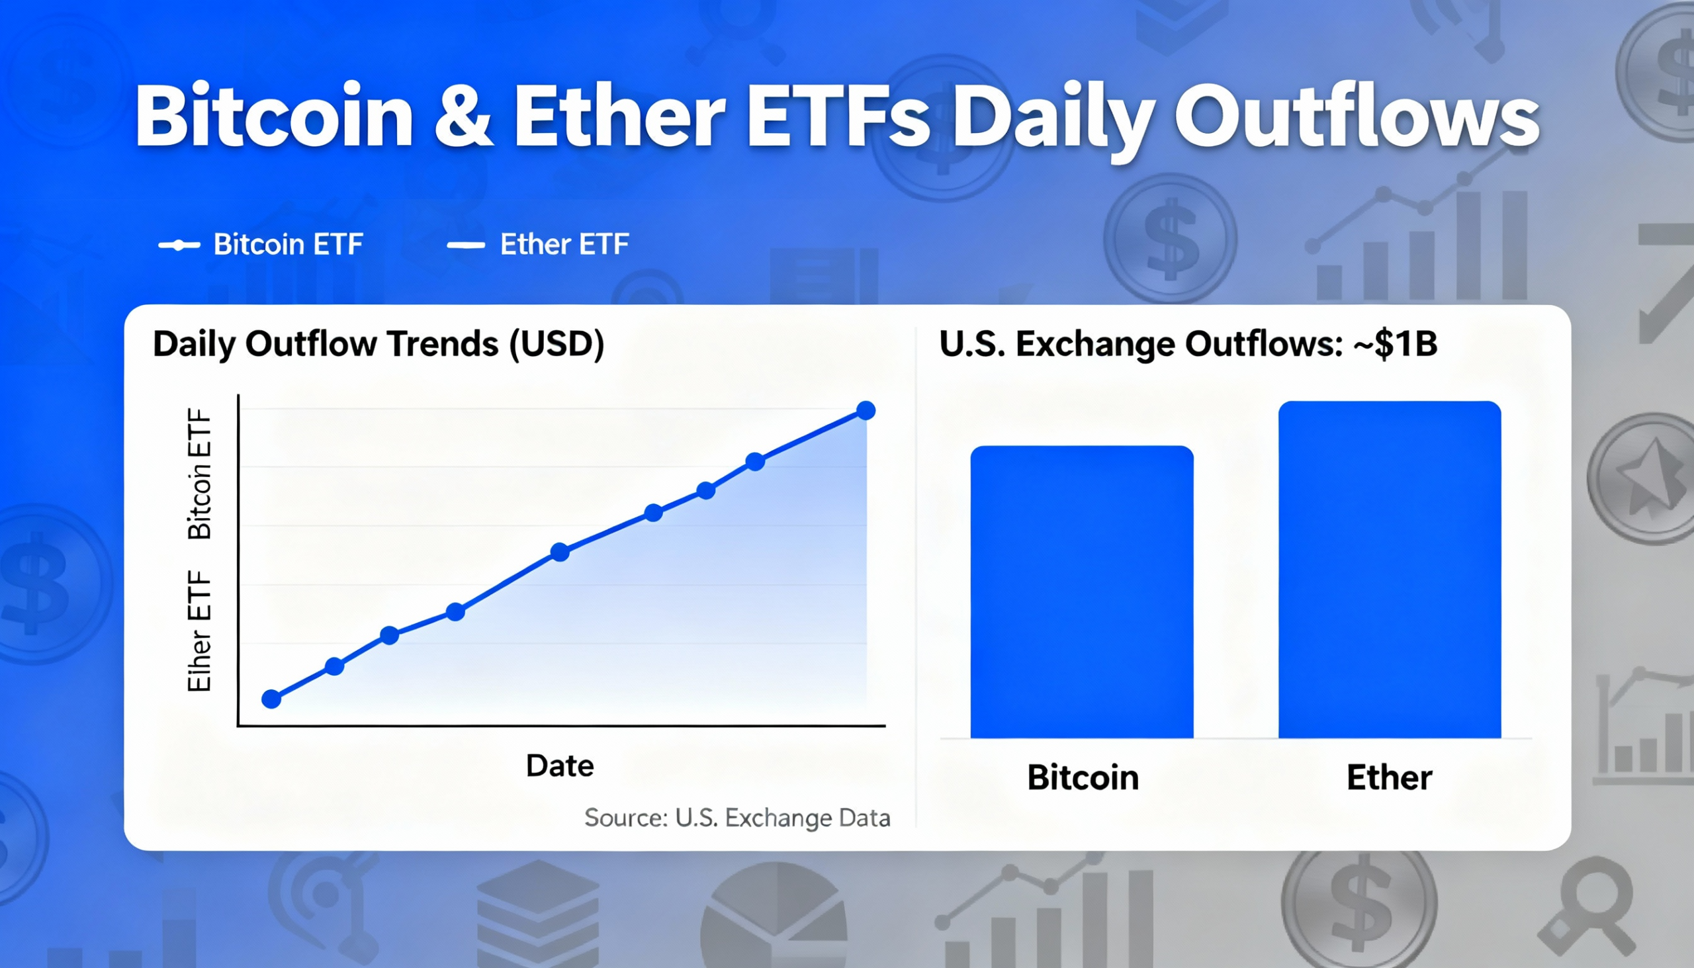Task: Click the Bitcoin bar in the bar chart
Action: click(x=1082, y=592)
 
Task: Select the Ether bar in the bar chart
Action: click(x=1390, y=570)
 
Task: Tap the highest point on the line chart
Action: click(x=866, y=410)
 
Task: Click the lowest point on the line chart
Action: click(x=271, y=699)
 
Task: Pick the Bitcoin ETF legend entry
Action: click(x=261, y=245)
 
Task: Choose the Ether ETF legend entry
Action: click(x=539, y=245)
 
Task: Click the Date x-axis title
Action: click(x=559, y=766)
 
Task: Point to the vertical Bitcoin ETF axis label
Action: click(x=199, y=473)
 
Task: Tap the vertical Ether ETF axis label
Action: click(x=199, y=631)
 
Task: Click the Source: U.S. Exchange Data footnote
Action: click(x=736, y=817)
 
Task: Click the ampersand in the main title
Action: click(x=463, y=117)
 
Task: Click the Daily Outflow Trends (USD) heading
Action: click(x=379, y=343)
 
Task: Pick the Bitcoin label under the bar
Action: click(x=1083, y=777)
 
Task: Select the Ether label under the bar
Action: click(x=1389, y=777)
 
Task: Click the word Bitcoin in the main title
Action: click(x=274, y=117)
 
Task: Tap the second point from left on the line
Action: click(x=334, y=666)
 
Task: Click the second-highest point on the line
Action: click(x=754, y=461)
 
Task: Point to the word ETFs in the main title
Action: click(x=838, y=117)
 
